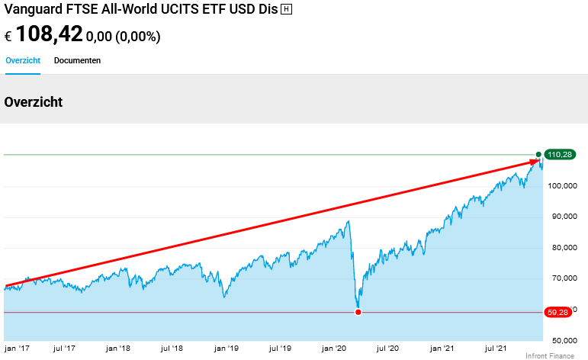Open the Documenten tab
point(77,60)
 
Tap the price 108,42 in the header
point(49,34)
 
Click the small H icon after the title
point(286,9)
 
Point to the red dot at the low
point(358,312)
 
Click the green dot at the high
point(538,154)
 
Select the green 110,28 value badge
point(560,155)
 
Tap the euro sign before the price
point(8,36)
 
